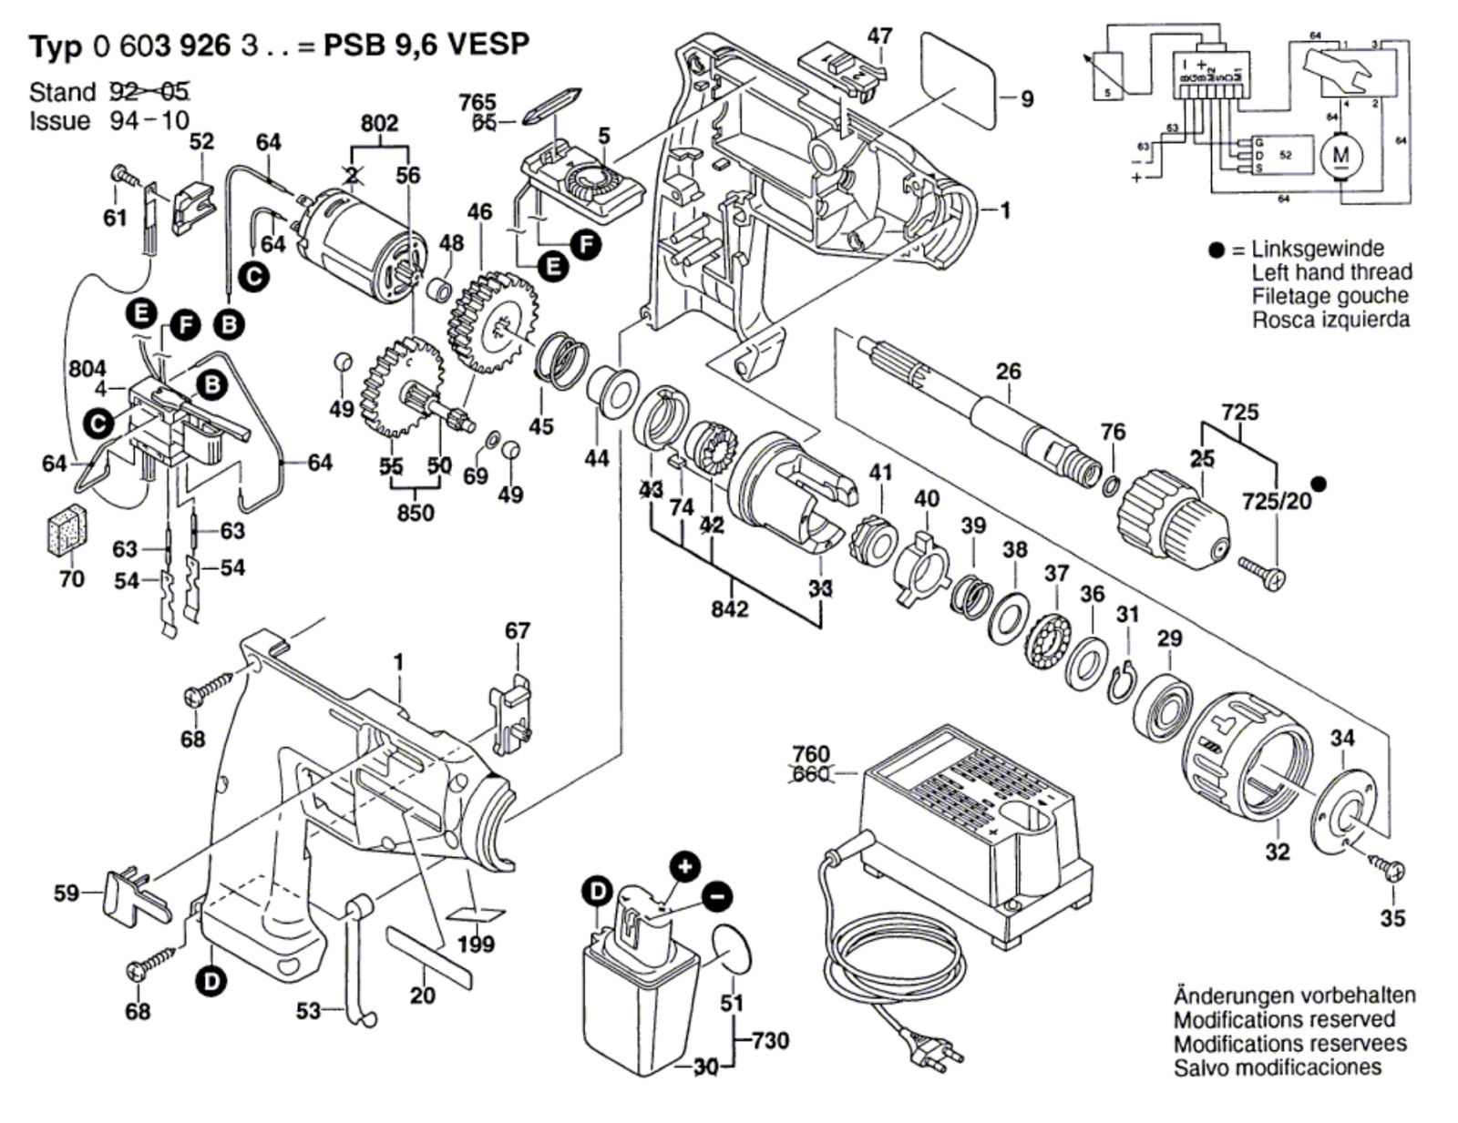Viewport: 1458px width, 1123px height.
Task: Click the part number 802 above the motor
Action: click(379, 124)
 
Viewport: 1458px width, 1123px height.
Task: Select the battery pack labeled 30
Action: click(643, 993)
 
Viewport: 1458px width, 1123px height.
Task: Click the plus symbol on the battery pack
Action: click(684, 866)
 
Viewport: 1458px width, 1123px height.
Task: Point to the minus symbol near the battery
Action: click(717, 896)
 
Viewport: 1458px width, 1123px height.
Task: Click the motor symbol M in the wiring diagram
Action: click(1340, 155)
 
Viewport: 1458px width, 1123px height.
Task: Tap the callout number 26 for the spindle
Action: click(1009, 372)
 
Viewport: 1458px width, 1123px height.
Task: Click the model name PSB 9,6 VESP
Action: click(426, 45)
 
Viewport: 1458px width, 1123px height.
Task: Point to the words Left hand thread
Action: click(1331, 271)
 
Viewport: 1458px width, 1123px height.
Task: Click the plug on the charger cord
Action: click(939, 1056)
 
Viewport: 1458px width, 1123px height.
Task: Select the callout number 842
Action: click(729, 608)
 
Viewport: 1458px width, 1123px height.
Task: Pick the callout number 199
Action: click(477, 944)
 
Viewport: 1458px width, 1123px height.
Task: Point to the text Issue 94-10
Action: click(108, 121)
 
